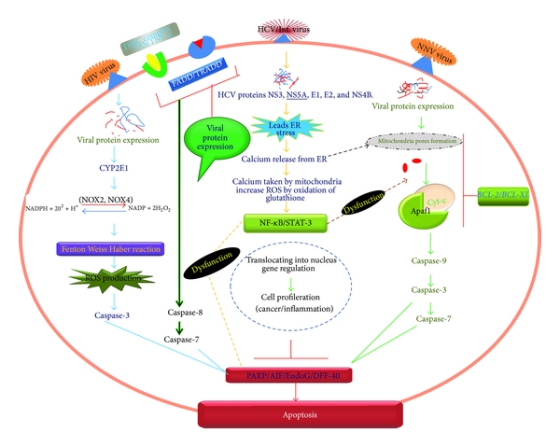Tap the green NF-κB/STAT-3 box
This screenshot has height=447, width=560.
(x=280, y=223)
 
